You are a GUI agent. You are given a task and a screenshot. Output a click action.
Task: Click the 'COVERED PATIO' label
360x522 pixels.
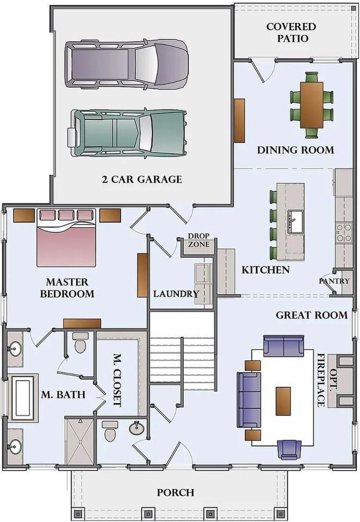[291, 32]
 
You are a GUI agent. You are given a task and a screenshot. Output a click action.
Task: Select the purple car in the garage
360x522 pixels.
[127, 64]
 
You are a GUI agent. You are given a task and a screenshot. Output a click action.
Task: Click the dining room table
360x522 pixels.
[312, 105]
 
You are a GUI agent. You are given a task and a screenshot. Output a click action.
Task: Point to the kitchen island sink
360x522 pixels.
[295, 221]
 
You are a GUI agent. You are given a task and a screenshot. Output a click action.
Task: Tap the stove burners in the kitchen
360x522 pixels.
[344, 233]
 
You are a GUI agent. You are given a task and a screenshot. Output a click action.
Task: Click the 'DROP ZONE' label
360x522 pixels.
[199, 240]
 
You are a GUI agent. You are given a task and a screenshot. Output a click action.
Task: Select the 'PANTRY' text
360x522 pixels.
[334, 281]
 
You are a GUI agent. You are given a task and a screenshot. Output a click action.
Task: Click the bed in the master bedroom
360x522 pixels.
[66, 238]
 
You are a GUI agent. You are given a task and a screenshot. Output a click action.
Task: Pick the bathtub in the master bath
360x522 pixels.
[23, 397]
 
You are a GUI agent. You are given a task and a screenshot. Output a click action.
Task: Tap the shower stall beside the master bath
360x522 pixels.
[80, 441]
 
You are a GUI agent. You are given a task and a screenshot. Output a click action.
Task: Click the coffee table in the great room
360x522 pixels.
[283, 401]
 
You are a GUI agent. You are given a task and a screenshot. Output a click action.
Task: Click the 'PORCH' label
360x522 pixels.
[176, 493]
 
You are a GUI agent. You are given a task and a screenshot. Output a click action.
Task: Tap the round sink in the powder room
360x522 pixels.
[136, 429]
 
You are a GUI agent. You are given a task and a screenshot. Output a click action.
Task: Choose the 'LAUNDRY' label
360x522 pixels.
[176, 294]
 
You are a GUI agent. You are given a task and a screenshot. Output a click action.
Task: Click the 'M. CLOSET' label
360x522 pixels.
[116, 380]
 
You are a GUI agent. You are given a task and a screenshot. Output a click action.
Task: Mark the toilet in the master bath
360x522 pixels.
[80, 343]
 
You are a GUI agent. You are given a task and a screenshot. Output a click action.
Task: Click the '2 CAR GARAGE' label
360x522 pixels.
[142, 179]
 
